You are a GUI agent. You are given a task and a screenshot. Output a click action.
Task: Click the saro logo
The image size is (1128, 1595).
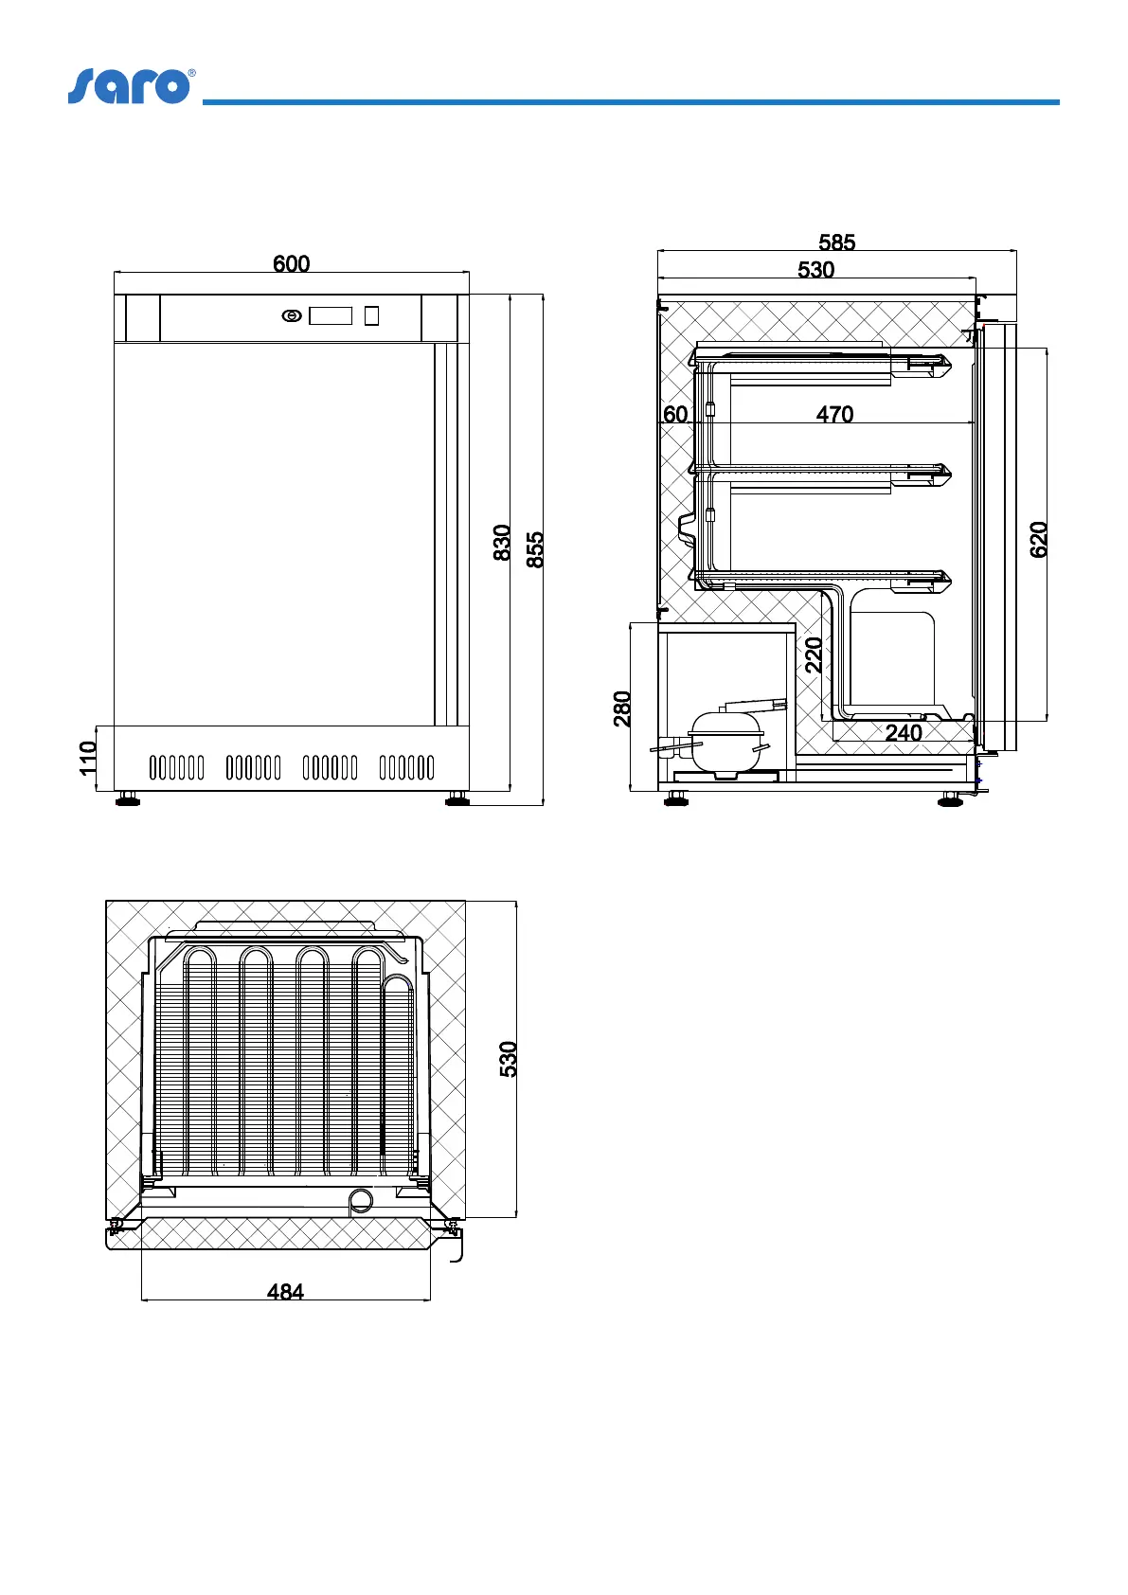click(131, 86)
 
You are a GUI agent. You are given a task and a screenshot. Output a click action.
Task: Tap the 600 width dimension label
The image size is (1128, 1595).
click(291, 264)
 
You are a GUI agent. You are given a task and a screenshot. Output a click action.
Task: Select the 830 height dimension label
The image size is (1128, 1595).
click(502, 543)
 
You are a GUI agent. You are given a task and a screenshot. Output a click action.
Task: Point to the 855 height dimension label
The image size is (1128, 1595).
click(535, 549)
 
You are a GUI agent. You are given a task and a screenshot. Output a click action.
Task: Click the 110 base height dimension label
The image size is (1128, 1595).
click(88, 758)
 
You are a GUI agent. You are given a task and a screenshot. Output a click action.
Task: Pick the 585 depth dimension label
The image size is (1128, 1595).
click(836, 243)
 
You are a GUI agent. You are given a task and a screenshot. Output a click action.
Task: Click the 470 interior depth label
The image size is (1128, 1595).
click(834, 415)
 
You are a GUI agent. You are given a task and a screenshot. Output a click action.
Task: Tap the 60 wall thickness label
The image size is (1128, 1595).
click(675, 415)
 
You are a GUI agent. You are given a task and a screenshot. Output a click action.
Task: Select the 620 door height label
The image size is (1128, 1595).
click(1039, 540)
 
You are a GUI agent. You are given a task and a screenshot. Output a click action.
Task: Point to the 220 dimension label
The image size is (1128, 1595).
click(814, 655)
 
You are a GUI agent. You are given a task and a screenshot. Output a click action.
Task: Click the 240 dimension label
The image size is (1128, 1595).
click(904, 733)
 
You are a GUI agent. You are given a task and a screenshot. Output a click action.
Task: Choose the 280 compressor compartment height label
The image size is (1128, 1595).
click(622, 708)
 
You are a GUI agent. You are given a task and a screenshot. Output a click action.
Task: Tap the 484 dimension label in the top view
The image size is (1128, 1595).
click(285, 1292)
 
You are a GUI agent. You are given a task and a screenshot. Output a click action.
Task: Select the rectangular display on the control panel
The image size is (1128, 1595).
click(331, 315)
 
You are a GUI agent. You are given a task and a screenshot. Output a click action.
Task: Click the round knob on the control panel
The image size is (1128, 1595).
click(292, 316)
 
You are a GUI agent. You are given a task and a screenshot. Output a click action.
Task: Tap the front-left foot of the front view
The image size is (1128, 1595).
click(127, 799)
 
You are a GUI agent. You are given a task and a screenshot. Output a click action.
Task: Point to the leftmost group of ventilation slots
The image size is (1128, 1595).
click(177, 767)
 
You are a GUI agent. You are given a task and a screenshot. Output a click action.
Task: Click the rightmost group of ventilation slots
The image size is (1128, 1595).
click(406, 767)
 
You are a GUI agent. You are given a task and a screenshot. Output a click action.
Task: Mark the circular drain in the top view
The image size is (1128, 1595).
click(361, 1200)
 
